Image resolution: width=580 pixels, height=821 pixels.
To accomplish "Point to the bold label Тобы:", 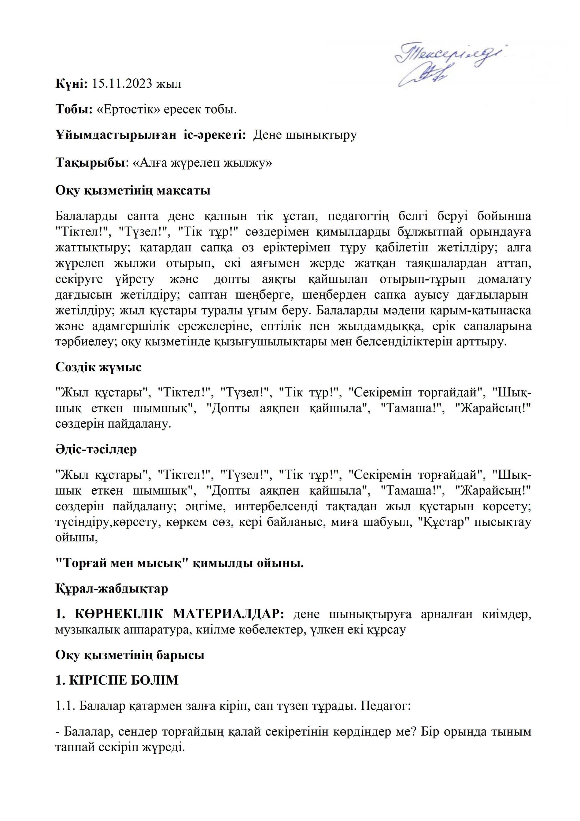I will click(74, 110).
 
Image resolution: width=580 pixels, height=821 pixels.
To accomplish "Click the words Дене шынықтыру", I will click(305, 136).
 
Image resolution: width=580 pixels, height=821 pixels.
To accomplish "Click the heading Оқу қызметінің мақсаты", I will click(133, 190).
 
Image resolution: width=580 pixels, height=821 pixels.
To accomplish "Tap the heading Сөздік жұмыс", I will click(98, 367).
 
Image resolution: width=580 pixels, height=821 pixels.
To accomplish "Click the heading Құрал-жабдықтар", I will click(112, 588).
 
